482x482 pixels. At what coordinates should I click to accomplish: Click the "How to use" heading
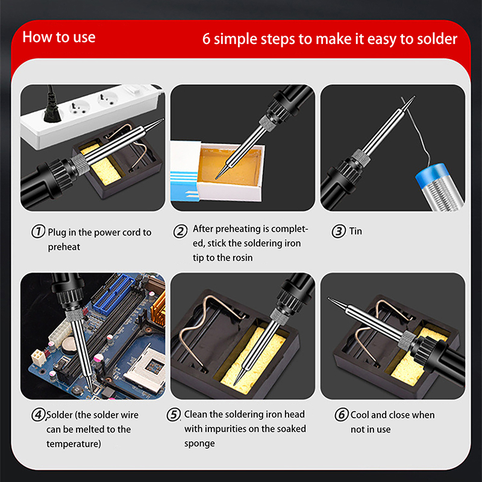click(58, 37)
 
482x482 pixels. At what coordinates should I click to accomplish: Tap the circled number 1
click(38, 231)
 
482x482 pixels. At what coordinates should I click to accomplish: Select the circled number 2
click(180, 231)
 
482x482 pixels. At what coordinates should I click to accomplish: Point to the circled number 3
click(339, 231)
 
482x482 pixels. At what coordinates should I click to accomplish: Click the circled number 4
click(38, 415)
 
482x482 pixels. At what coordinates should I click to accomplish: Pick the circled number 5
click(174, 415)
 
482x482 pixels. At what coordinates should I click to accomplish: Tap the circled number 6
click(342, 415)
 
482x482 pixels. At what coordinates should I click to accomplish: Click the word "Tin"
click(355, 231)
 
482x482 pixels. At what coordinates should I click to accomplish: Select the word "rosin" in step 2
click(242, 258)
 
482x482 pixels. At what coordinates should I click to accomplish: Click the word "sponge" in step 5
click(199, 444)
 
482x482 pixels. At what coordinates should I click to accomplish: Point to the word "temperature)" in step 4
click(74, 444)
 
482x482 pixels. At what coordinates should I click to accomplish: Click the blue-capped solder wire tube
click(440, 187)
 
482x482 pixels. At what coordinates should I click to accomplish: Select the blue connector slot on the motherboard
click(114, 292)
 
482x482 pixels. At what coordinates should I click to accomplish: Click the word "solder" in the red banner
click(438, 39)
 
